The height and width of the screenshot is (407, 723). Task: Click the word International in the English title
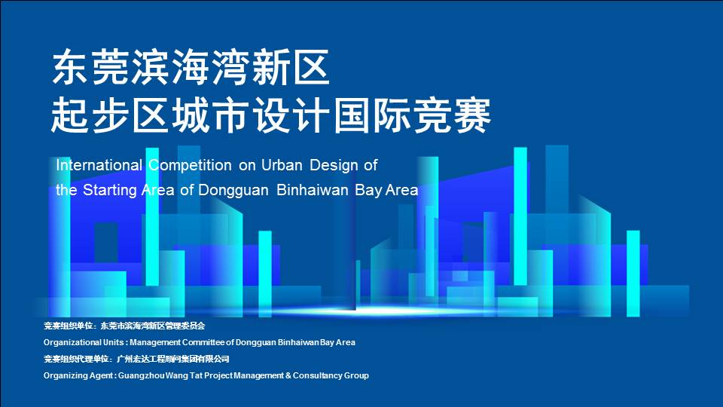point(99,165)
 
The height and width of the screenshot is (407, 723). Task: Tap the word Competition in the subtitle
point(190,165)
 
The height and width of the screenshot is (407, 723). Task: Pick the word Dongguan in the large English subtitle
point(233,190)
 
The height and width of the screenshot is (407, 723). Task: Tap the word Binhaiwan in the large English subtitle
point(312,190)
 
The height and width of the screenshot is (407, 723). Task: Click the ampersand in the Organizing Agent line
point(288,375)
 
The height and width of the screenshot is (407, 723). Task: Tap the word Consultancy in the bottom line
point(318,375)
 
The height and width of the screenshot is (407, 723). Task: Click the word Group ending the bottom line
point(356,375)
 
